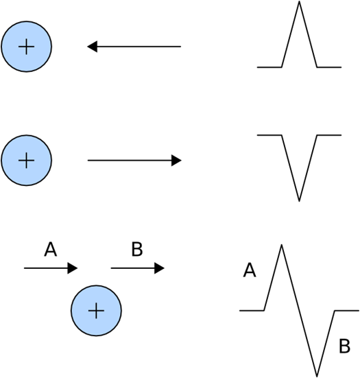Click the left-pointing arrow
[134, 47]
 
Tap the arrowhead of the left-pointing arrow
[92, 47]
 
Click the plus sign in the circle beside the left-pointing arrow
[26, 47]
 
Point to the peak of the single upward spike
[300, 3]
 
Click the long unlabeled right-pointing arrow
[134, 161]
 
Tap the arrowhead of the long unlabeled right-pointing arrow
[177, 161]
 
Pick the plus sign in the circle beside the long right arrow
[26, 161]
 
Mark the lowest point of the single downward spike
[299, 200]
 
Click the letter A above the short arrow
[50, 249]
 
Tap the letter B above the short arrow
[136, 249]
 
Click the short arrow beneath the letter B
[137, 268]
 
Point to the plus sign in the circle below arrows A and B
[96, 311]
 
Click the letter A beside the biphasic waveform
[250, 272]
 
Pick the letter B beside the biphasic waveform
[344, 348]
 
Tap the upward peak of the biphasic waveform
[281, 246]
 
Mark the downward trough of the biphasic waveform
[317, 375]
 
